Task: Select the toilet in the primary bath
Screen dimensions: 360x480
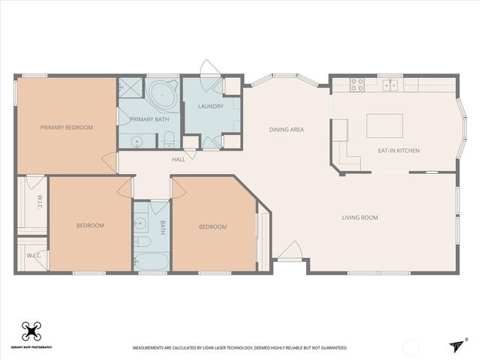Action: (169, 139)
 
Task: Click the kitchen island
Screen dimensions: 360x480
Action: (384, 125)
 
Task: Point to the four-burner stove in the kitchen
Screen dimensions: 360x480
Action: (357, 85)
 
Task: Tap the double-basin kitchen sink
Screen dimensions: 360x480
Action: (391, 85)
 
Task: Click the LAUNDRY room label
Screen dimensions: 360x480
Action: (211, 106)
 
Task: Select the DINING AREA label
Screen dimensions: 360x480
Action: (286, 130)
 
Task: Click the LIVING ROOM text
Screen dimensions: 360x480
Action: (359, 217)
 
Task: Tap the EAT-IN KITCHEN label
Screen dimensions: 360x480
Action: (398, 151)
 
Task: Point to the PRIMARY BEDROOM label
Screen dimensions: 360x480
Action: (67, 127)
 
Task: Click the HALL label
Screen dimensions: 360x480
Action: (178, 159)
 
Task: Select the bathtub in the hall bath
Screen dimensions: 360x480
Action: (152, 261)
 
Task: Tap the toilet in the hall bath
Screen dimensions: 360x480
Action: (143, 243)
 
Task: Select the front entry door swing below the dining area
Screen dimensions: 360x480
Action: (289, 250)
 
